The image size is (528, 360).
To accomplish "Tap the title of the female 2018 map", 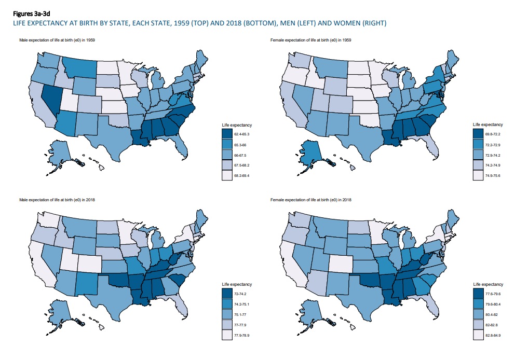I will coord(311,200).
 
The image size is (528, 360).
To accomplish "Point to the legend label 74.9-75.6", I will coord(493,176).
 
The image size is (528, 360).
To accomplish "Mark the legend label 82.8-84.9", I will coord(493,336).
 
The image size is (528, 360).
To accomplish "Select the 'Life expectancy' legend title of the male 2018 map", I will coord(237,285).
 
